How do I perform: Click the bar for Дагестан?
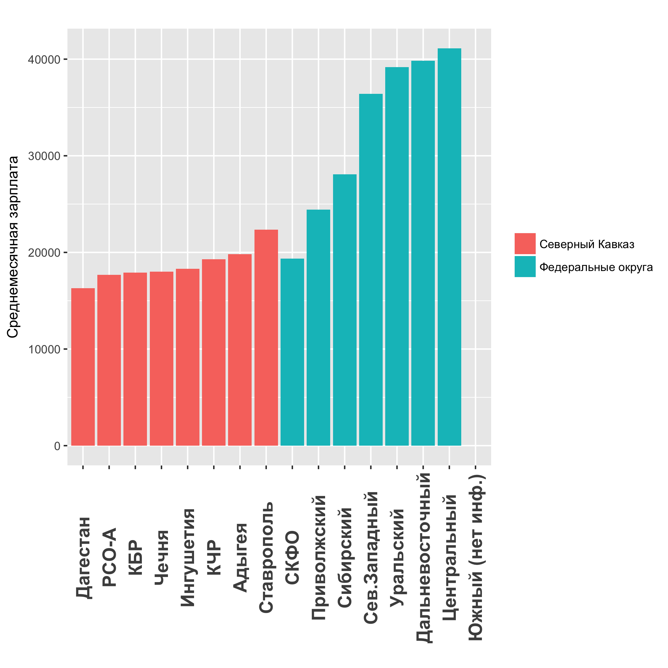click(83, 367)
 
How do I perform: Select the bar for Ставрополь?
click(266, 337)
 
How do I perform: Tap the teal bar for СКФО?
click(292, 352)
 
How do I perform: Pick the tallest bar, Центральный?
click(449, 247)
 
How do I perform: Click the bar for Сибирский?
click(345, 310)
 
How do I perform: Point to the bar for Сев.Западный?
click(371, 270)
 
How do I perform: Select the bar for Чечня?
click(162, 358)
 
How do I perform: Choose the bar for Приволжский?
click(318, 327)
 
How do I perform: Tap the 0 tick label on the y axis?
click(57, 446)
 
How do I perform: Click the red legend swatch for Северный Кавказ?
click(525, 244)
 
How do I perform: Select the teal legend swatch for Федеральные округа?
click(525, 267)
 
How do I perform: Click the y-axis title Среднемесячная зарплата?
click(13, 247)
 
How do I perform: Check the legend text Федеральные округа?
click(596, 267)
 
